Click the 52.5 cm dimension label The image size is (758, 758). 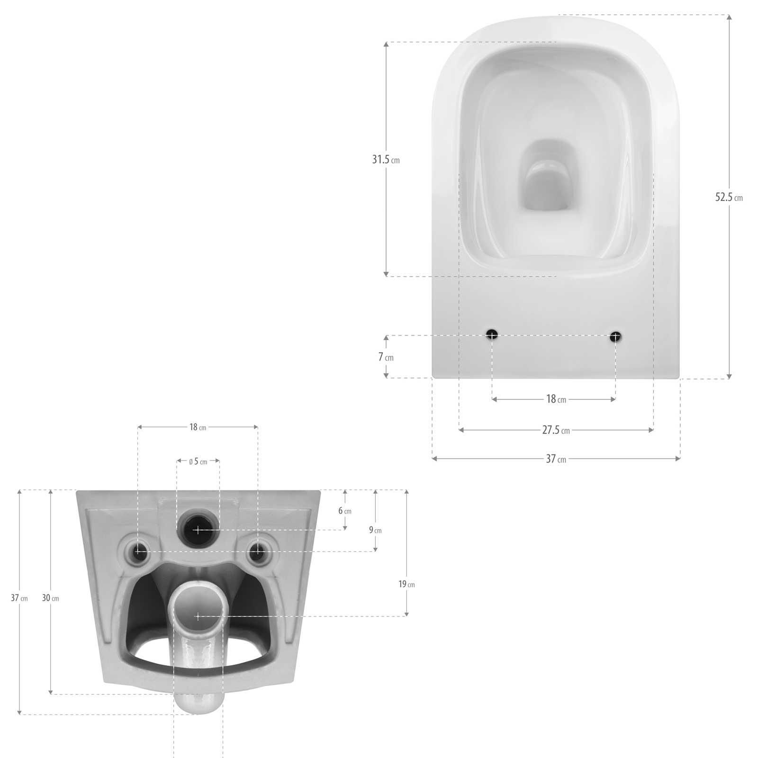(729, 197)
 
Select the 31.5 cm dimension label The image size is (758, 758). (386, 160)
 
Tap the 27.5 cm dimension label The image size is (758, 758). (556, 430)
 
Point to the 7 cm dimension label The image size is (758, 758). (386, 357)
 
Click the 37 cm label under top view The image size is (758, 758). (556, 459)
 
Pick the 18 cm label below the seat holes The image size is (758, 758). (556, 399)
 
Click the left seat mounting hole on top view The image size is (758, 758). (492, 335)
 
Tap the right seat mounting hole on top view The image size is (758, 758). (615, 336)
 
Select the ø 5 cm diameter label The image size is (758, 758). (198, 461)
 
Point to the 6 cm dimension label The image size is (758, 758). (344, 511)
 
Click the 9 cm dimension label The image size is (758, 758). (375, 530)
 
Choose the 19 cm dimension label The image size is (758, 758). (406, 584)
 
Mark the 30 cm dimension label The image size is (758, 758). (50, 598)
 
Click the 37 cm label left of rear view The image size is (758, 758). (19, 598)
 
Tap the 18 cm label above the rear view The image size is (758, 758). (198, 427)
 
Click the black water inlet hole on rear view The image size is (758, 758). (198, 530)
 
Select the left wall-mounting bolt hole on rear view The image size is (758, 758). (138, 551)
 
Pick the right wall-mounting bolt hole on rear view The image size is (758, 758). (257, 551)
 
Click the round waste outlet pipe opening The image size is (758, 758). (198, 616)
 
